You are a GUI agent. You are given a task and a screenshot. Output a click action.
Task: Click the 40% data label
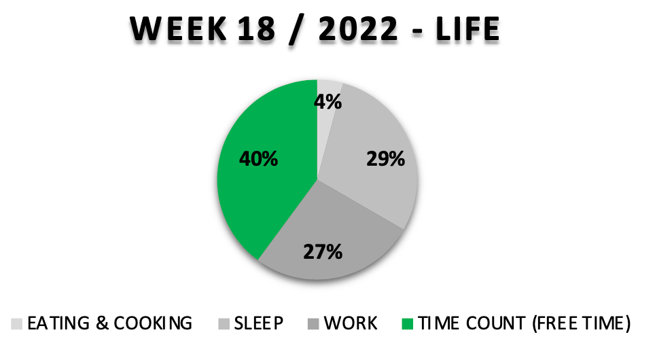tap(259, 159)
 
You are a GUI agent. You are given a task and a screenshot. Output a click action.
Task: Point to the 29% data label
tap(385, 159)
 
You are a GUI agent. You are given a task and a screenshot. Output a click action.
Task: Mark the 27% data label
tap(323, 252)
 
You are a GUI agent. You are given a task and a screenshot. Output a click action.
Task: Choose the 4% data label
tap(328, 102)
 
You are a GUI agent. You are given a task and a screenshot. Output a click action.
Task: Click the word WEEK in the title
tap(179, 29)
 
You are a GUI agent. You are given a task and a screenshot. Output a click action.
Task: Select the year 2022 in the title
tap(358, 29)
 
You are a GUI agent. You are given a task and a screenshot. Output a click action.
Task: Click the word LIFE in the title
tap(468, 29)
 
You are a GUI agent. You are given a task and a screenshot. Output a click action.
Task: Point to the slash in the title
tap(297, 30)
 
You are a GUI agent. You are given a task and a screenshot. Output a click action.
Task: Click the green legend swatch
tap(407, 324)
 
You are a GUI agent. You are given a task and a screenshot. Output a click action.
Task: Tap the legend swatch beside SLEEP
tap(224, 324)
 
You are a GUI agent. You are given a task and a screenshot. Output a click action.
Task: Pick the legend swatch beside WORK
tap(313, 324)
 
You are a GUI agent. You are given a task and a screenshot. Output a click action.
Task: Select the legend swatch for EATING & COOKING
tap(17, 324)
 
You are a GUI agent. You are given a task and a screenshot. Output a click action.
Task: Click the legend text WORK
tap(351, 324)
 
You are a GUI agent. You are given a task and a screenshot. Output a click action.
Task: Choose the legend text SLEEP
tap(259, 324)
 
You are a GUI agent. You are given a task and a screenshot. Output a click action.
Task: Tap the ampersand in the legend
tap(102, 324)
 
